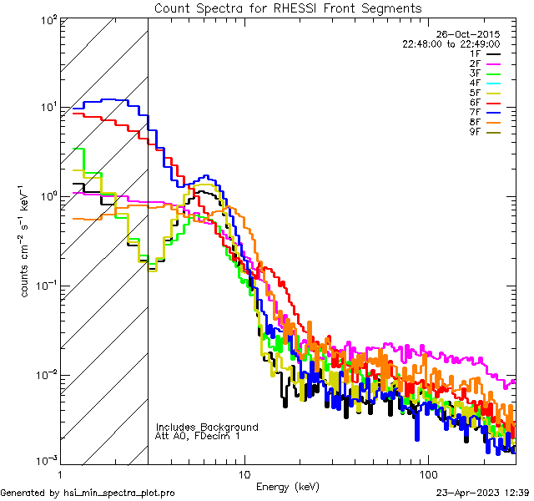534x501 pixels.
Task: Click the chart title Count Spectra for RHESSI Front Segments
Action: pos(288,8)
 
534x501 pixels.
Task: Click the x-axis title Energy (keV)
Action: pos(286,486)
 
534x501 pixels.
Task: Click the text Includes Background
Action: pos(207,427)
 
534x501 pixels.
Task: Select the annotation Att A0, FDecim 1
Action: pos(198,436)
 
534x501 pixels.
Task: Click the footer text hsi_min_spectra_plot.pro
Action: pos(119,493)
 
